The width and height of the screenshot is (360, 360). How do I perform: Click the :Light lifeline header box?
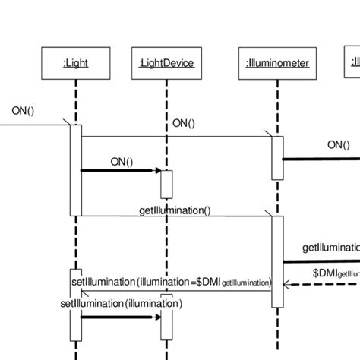pyautogui.click(x=75, y=64)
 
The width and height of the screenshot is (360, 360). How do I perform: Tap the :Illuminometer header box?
pyautogui.click(x=277, y=64)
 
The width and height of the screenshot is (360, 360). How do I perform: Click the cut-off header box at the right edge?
pyautogui.click(x=355, y=64)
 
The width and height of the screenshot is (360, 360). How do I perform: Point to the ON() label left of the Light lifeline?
pyautogui.click(x=24, y=111)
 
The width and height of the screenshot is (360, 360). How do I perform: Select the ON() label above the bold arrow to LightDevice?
pyautogui.click(x=119, y=161)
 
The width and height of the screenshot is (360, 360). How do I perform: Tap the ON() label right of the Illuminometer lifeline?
pyautogui.click(x=339, y=145)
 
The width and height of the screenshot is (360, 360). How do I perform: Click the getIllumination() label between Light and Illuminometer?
pyautogui.click(x=175, y=209)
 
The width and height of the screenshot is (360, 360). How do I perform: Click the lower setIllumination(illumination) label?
pyautogui.click(x=121, y=303)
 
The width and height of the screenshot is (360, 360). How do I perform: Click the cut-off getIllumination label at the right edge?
pyautogui.click(x=330, y=248)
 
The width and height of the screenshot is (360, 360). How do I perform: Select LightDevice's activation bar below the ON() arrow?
pyautogui.click(x=166, y=183)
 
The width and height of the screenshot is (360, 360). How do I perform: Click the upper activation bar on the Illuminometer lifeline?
pyautogui.click(x=277, y=157)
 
